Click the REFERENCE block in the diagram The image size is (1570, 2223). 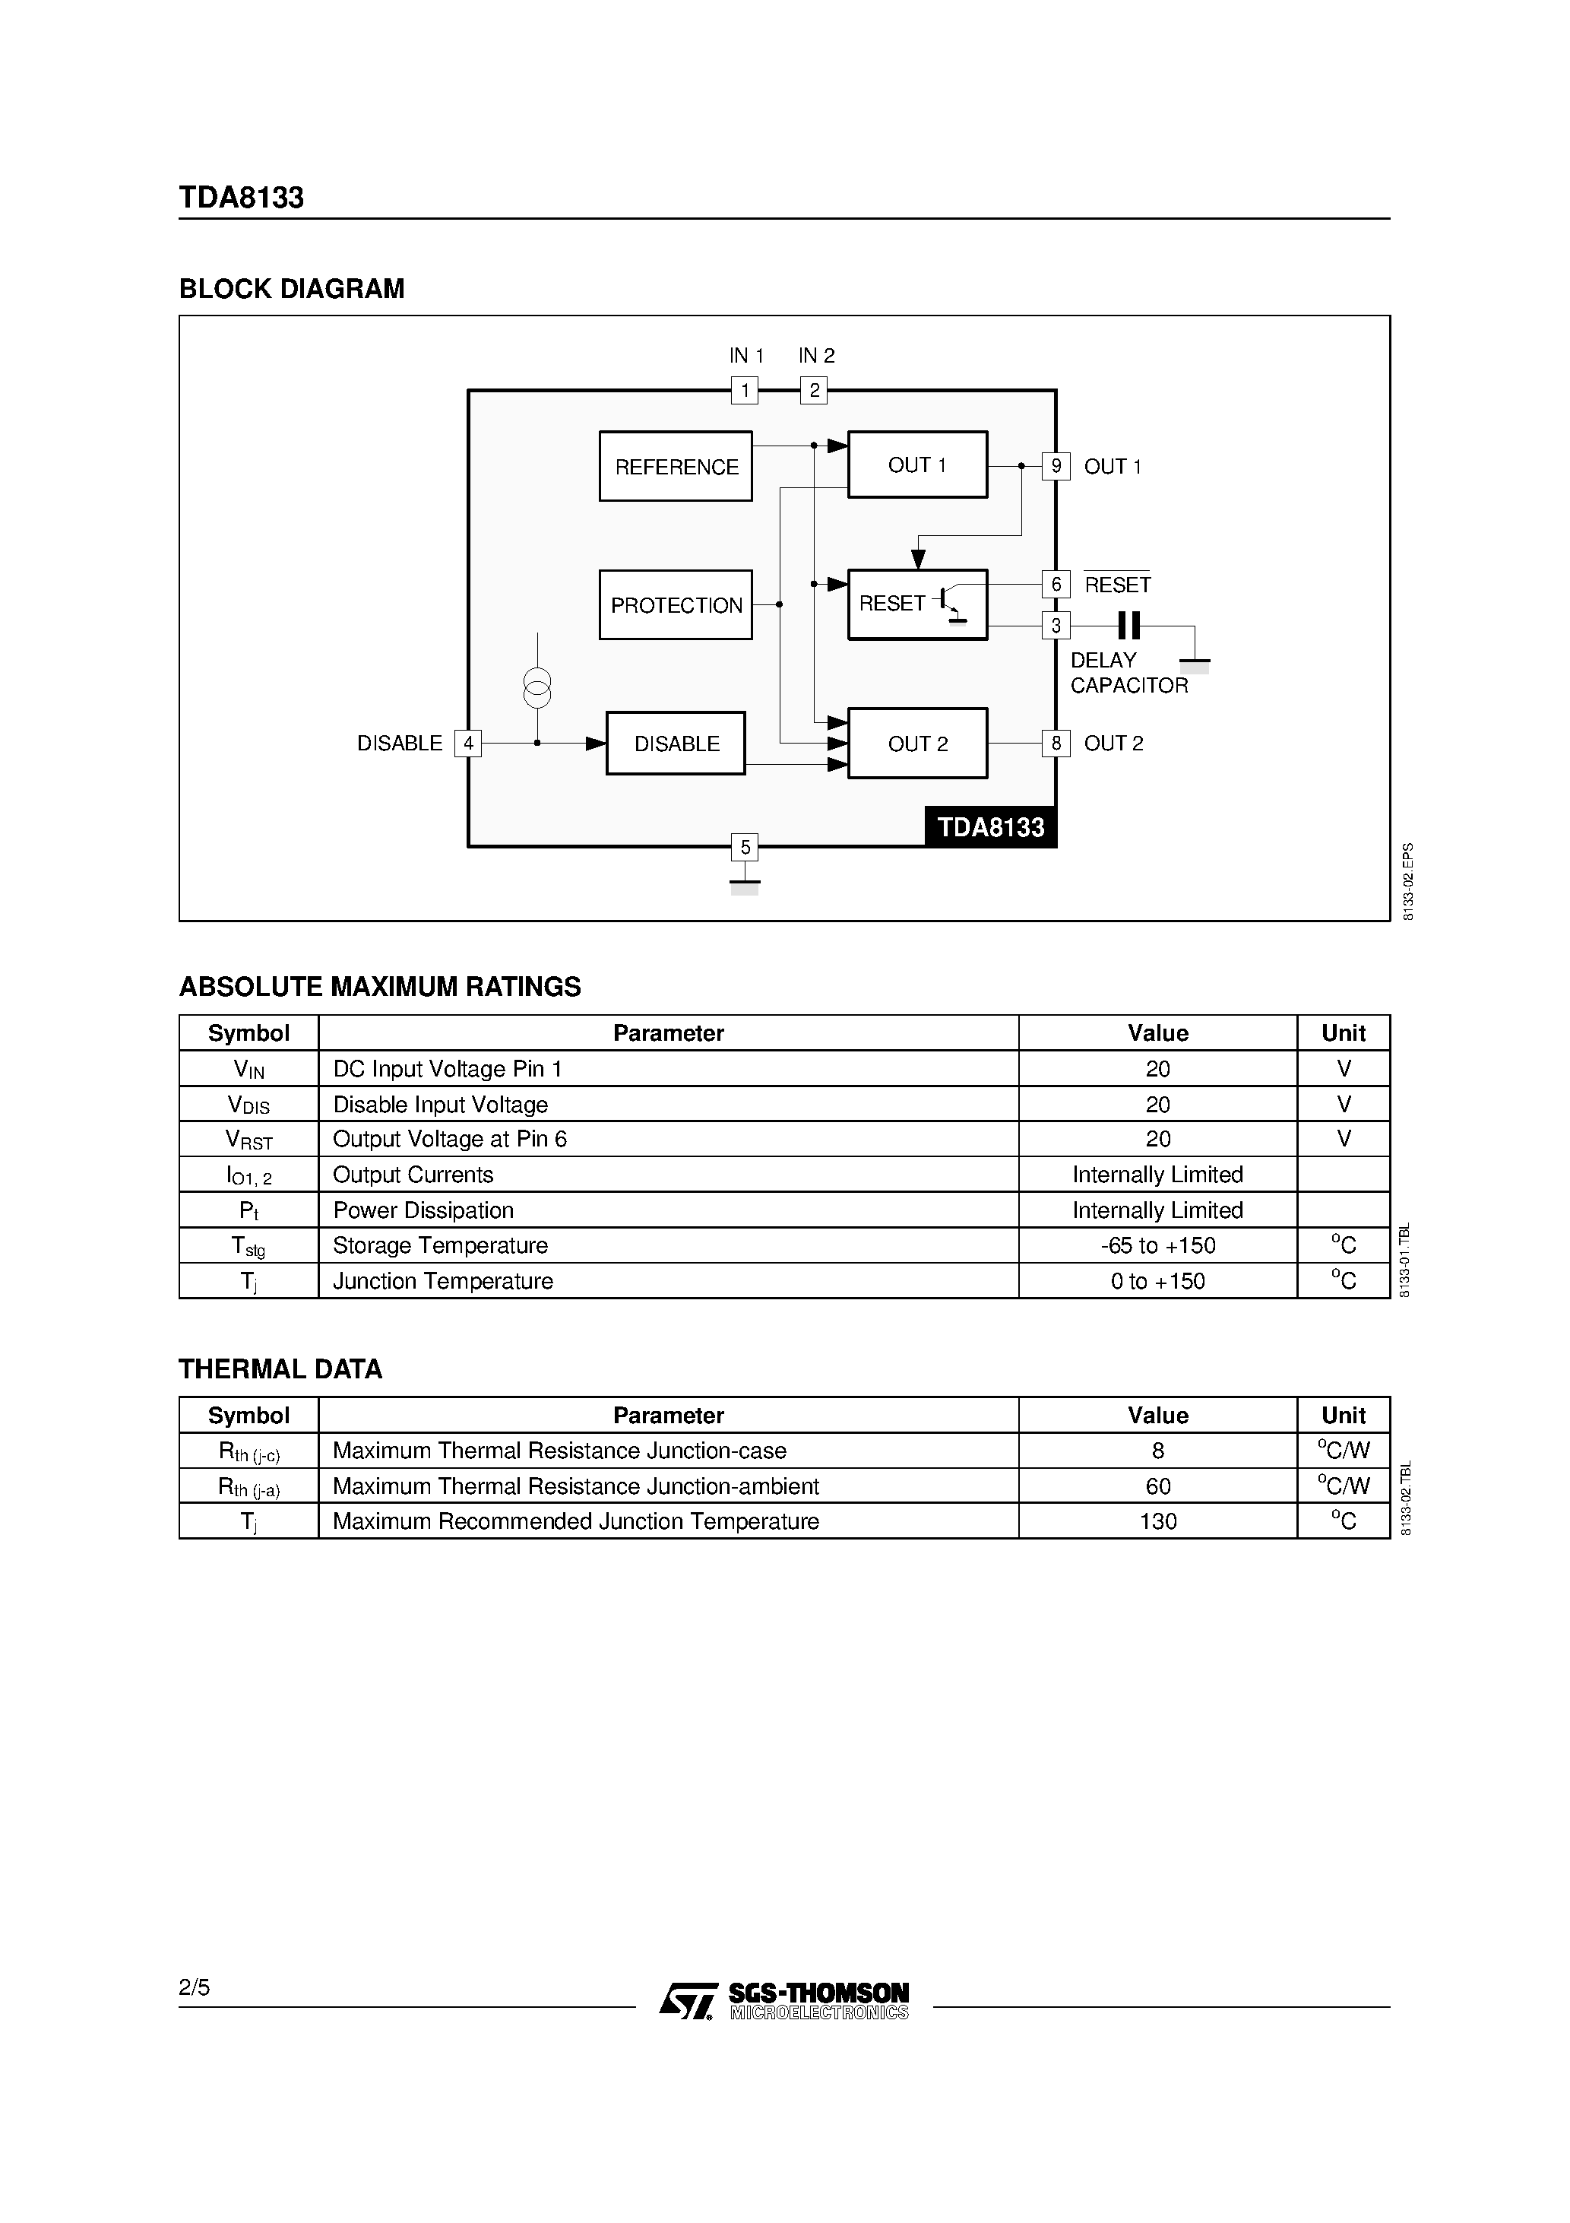coord(676,466)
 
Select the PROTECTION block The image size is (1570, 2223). coord(676,605)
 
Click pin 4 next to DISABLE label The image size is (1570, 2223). coord(468,744)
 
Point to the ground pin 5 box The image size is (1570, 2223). coord(745,847)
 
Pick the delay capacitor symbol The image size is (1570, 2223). coord(1128,626)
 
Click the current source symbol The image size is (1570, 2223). coord(537,687)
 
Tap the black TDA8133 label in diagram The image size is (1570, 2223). coord(990,827)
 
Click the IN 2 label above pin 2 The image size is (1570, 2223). coord(816,355)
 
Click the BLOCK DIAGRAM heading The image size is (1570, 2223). coord(291,289)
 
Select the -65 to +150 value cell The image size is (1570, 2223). coord(1157,1245)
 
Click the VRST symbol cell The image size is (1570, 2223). coord(248,1140)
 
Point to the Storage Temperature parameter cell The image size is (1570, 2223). coord(441,1245)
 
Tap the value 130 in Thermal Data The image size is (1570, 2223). coord(1157,1521)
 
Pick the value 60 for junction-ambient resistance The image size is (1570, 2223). coord(1157,1486)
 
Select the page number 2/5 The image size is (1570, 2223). coord(195,1988)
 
